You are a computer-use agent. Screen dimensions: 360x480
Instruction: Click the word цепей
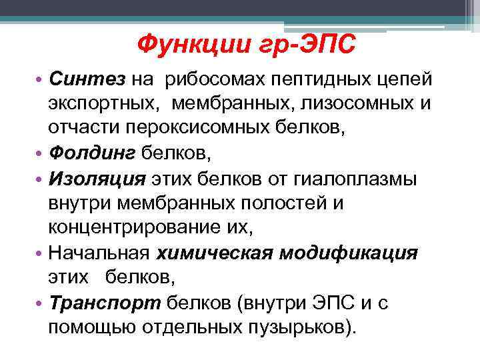[404, 80]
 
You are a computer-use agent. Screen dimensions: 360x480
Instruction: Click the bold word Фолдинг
[93, 155]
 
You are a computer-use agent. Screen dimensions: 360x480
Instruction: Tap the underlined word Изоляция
[97, 179]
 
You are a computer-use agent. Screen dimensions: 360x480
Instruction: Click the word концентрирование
[137, 229]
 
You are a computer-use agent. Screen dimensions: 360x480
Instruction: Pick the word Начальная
[99, 253]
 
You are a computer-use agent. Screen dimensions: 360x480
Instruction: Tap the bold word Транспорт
[103, 303]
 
